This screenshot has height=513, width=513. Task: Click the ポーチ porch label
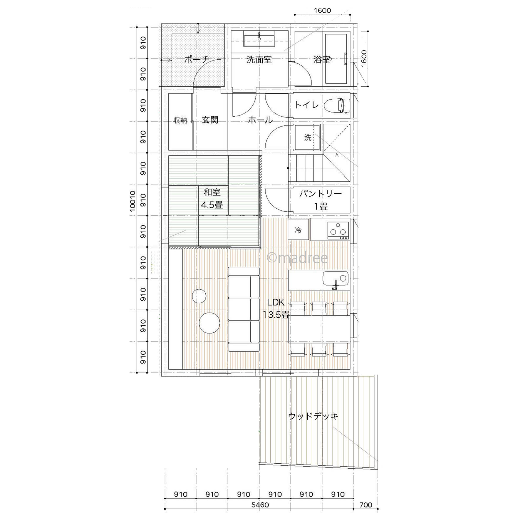[197, 60]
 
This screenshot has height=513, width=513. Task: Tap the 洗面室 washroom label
[259, 60]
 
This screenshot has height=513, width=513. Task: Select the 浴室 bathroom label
[322, 60]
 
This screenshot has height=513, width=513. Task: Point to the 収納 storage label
[180, 120]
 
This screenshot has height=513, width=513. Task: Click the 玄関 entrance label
[210, 120]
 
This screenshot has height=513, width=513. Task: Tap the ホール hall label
[260, 120]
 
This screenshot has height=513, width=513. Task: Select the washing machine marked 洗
[307, 138]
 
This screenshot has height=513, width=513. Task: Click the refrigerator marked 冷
[298, 230]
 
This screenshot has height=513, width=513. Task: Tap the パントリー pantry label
[321, 194]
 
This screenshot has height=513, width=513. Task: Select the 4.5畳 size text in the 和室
[212, 205]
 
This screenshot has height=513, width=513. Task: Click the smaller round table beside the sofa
[199, 296]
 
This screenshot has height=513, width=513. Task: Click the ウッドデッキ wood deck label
[313, 416]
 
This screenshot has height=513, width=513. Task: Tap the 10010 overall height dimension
[133, 201]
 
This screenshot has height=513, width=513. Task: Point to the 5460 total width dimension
[260, 505]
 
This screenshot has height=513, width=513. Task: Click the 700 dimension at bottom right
[366, 505]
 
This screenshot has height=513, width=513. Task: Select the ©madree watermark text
[297, 258]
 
